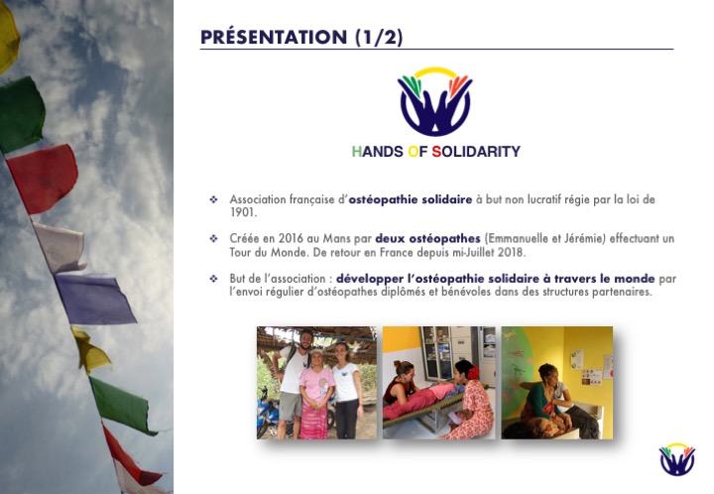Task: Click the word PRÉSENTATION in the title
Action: click(274, 38)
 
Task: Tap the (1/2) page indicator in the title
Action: click(379, 38)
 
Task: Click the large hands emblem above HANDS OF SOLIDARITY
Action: click(435, 101)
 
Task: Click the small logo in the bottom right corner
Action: click(677, 459)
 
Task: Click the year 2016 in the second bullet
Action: click(291, 239)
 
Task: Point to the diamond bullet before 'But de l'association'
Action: click(213, 278)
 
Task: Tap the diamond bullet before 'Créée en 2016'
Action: click(213, 238)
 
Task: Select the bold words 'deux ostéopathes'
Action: click(427, 239)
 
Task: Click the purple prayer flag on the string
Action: click(95, 299)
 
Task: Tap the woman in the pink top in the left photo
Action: click(316, 394)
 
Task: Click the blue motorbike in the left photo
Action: click(269, 413)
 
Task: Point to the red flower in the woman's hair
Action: click(474, 372)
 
